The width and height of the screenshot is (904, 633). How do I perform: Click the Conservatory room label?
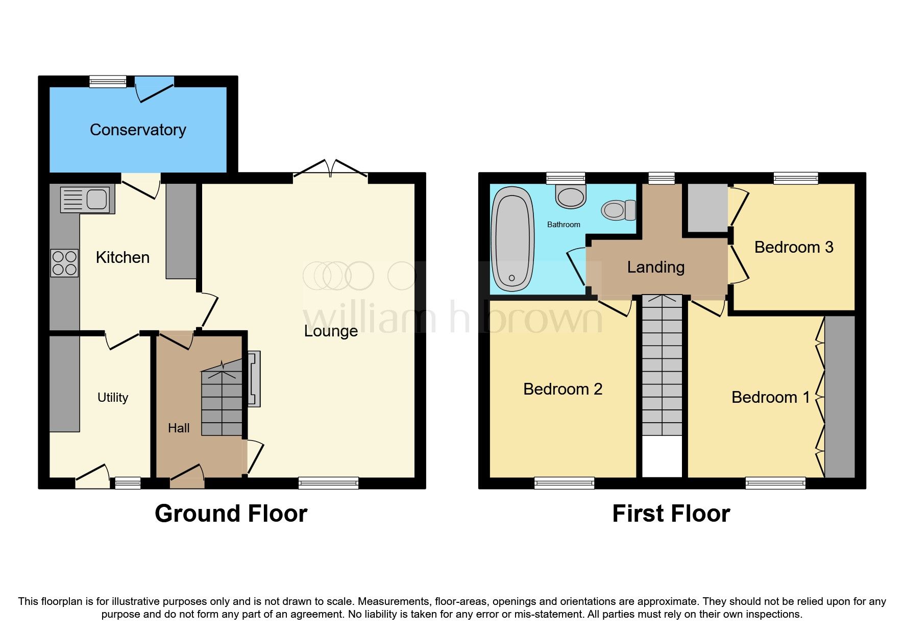click(138, 130)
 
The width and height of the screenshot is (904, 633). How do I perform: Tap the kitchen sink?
click(86, 199)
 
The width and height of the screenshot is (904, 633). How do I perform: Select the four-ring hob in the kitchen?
click(64, 263)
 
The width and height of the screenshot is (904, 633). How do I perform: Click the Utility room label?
click(113, 397)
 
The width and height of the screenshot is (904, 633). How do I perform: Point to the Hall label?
click(179, 428)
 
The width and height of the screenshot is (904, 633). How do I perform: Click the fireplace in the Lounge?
click(254, 378)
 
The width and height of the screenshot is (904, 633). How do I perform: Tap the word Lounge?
click(331, 331)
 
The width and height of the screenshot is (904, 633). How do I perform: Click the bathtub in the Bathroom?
click(512, 239)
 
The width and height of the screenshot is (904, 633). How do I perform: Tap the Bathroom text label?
click(564, 225)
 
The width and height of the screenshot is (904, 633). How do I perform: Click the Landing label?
click(655, 267)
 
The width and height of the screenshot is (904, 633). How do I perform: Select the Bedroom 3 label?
click(793, 247)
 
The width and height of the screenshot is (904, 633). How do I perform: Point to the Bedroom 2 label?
click(563, 389)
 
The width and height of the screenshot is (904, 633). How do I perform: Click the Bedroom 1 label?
click(770, 397)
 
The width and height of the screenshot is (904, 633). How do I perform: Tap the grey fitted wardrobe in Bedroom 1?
click(840, 397)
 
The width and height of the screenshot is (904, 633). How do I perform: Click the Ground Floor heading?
click(231, 514)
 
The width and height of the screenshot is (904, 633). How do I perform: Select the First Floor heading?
click(671, 514)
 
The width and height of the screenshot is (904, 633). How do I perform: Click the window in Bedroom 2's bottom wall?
click(564, 482)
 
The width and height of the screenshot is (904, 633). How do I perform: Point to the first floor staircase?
click(662, 368)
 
